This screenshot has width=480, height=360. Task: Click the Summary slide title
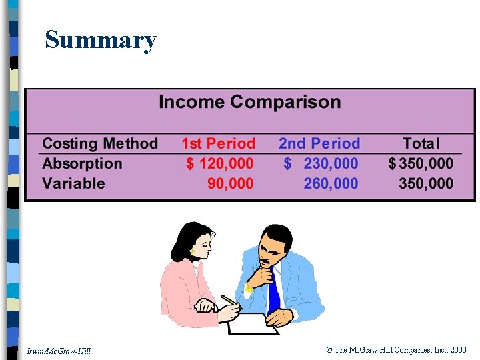click(101, 41)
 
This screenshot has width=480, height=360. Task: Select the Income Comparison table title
click(249, 103)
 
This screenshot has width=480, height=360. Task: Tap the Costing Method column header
click(100, 143)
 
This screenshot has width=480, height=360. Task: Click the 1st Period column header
click(218, 143)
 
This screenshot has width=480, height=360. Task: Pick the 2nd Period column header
click(319, 143)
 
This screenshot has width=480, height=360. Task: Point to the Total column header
click(421, 143)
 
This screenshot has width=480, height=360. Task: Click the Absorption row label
click(82, 163)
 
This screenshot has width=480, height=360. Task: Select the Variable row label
click(73, 183)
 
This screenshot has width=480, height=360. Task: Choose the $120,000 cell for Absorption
click(219, 163)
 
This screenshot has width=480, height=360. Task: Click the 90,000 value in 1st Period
click(230, 183)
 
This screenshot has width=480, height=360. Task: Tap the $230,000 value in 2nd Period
click(321, 163)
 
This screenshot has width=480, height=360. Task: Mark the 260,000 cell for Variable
click(331, 183)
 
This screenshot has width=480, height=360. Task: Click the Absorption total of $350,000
click(421, 163)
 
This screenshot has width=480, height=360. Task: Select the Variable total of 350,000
click(426, 183)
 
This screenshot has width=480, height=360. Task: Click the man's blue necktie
click(273, 293)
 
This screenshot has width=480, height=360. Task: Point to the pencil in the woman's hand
click(229, 300)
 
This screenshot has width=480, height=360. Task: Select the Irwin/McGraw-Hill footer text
click(59, 351)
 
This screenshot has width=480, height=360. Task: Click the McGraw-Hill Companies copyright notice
click(396, 350)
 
